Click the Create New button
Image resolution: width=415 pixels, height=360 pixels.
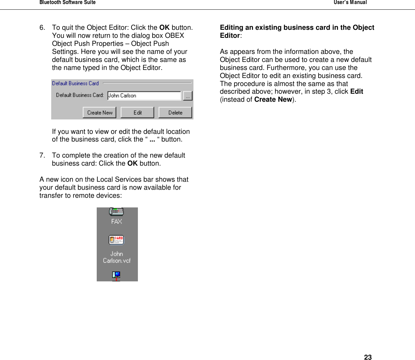point(100,113)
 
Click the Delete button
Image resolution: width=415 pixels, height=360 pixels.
point(175,113)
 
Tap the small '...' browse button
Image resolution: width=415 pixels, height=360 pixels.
point(188,96)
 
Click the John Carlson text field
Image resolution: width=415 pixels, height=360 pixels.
point(144,96)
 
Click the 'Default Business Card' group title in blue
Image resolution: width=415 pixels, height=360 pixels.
point(75,83)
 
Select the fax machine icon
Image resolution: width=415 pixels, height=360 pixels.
point(116,212)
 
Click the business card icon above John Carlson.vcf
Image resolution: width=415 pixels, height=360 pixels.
point(116,240)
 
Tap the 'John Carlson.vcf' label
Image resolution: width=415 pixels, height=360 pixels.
point(116,257)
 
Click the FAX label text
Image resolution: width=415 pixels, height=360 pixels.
point(116,221)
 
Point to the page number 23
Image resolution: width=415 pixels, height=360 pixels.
point(368,357)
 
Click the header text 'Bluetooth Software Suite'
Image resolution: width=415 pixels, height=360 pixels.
point(68,2)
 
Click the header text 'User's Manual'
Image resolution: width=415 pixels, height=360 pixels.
point(350,2)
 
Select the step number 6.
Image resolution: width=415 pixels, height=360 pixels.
point(42,28)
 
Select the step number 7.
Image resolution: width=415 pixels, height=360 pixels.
point(42,156)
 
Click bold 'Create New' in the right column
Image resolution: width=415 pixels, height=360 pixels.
point(273,100)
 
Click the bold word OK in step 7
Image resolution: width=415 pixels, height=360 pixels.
point(133,164)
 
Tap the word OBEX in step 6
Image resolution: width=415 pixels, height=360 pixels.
point(175,36)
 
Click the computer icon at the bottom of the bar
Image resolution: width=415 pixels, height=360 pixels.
point(116,276)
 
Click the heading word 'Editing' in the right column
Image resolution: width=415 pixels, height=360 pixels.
point(232,28)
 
